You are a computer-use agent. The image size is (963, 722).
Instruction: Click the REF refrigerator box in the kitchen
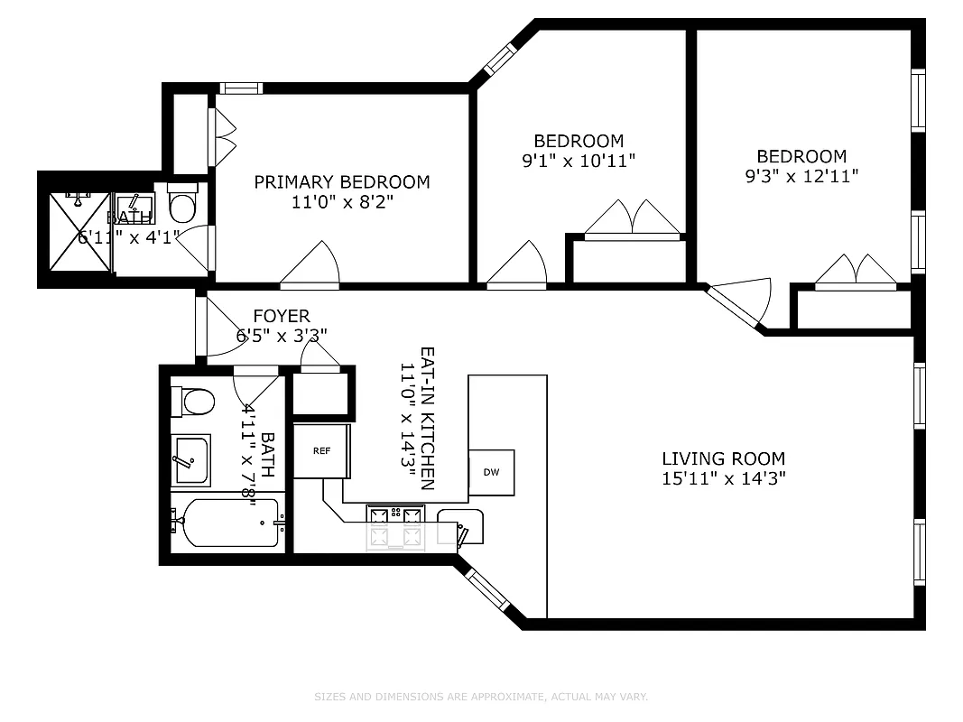[x=320, y=449]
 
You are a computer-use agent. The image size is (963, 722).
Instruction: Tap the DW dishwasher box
[x=491, y=472]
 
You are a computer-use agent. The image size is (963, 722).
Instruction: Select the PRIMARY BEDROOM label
[x=341, y=182]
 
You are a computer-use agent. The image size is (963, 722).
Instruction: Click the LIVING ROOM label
[x=723, y=458]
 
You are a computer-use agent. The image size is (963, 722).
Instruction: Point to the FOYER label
[x=281, y=317]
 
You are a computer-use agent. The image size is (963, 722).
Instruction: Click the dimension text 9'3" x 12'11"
[x=801, y=177]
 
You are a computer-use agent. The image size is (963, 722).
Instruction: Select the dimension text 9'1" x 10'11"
[x=579, y=162]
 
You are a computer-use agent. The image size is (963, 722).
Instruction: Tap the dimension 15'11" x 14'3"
[x=723, y=479]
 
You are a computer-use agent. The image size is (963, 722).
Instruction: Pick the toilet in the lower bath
[x=195, y=401]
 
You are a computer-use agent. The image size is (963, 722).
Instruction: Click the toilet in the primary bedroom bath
[x=183, y=206]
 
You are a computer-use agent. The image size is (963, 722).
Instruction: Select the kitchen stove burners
[x=394, y=527]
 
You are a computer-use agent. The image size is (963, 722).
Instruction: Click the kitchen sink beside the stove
[x=459, y=527]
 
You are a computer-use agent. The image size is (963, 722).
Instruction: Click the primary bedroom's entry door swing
[x=311, y=265]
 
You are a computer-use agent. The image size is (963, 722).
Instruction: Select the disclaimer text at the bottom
[x=481, y=697]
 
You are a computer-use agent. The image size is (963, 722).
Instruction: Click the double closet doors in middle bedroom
[x=633, y=219]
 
